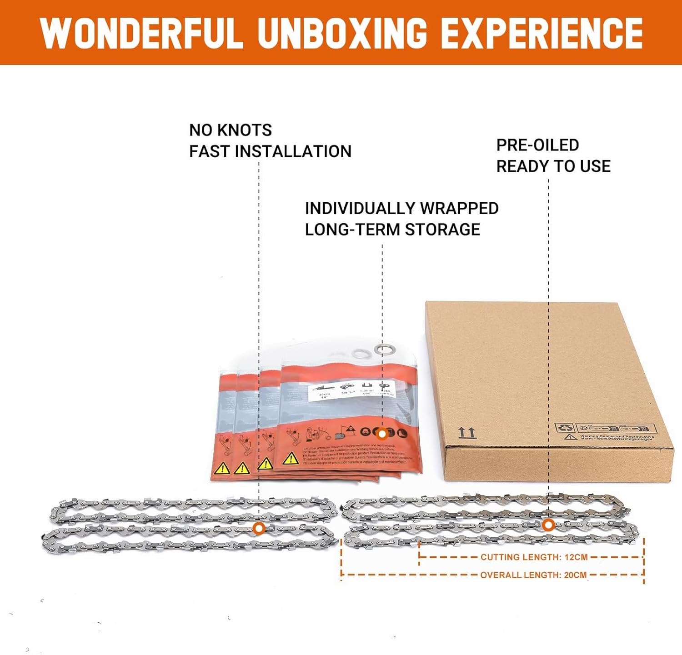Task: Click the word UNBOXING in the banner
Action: [342, 33]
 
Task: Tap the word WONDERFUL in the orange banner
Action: [141, 33]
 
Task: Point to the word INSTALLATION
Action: [293, 151]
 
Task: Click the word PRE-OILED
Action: [537, 145]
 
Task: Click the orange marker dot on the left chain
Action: [259, 528]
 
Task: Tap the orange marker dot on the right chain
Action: [548, 525]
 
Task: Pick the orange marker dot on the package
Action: [382, 434]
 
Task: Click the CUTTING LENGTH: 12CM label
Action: [534, 557]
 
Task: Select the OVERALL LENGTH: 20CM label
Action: [533, 575]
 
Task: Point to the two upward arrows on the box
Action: [467, 432]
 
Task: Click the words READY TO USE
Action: [553, 166]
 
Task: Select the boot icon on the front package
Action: [402, 433]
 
